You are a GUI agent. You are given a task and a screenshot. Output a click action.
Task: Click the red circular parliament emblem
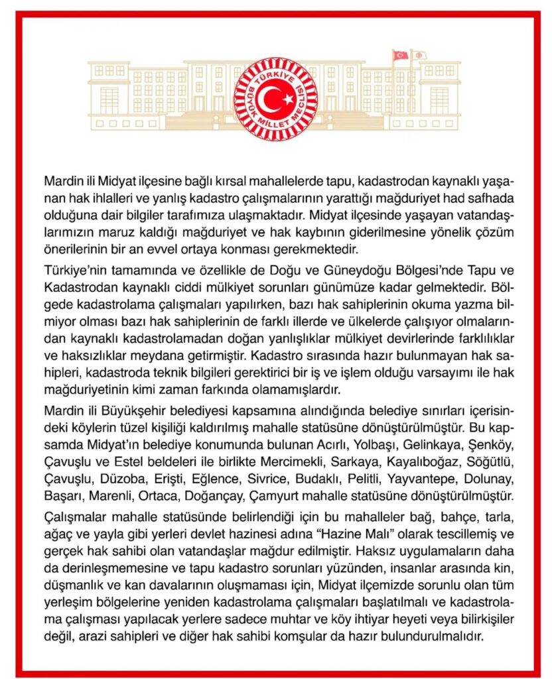276,99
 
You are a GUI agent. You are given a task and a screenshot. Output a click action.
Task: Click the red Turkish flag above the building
400,55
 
